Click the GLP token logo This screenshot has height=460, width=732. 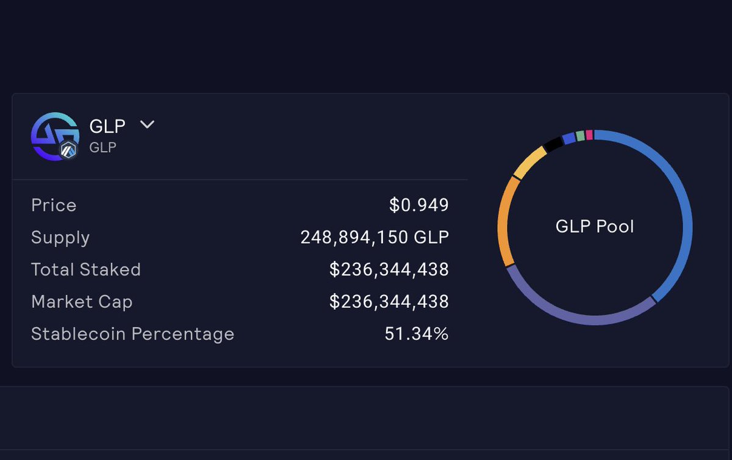click(54, 136)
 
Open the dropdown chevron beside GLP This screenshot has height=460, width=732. click(147, 125)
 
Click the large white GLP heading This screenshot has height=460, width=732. click(107, 126)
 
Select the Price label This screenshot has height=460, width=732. click(54, 205)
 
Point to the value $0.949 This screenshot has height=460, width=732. click(419, 205)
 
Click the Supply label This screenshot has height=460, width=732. click(60, 238)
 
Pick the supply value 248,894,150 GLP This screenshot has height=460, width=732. click(375, 238)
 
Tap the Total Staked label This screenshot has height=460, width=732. click(86, 269)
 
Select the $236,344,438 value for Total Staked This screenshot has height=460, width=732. click(389, 269)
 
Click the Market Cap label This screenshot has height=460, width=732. click(82, 302)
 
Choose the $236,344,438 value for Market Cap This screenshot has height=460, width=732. click(389, 302)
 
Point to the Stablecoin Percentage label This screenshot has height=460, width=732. click(132, 334)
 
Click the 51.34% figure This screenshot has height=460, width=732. click(417, 334)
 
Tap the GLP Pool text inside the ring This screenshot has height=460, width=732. click(595, 227)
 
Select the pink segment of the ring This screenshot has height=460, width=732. click(589, 134)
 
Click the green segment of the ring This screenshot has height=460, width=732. click(580, 136)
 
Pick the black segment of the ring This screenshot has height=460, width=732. click(553, 145)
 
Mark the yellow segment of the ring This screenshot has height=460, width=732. click(528, 161)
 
